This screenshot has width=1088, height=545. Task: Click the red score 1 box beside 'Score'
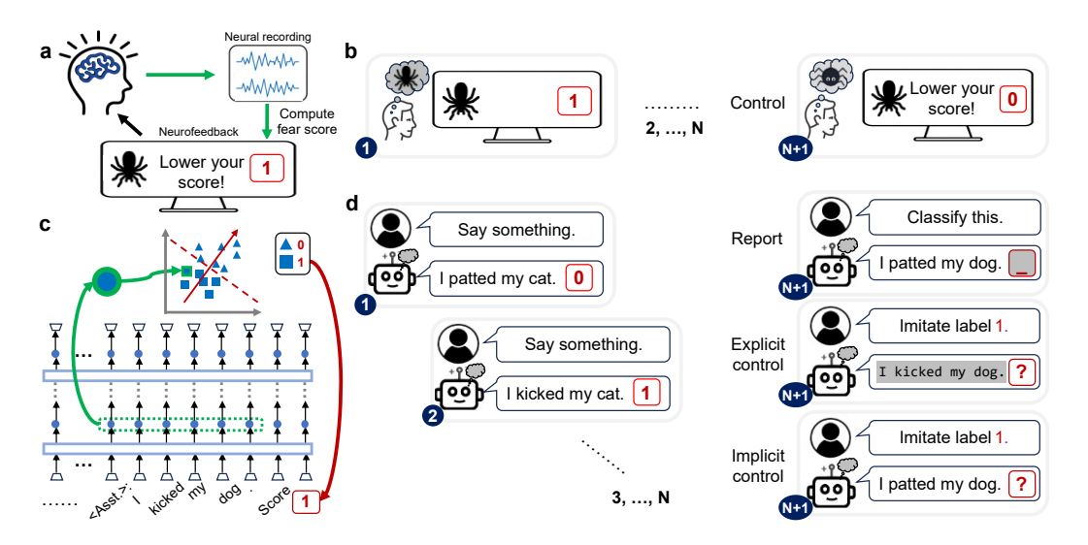point(304,502)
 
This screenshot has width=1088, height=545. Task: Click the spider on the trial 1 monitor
point(459,101)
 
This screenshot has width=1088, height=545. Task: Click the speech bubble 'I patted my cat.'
point(515,279)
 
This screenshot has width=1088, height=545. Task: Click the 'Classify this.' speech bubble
point(955,218)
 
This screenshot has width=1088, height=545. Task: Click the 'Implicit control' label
point(758,465)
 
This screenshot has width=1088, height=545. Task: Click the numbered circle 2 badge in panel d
point(433,414)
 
